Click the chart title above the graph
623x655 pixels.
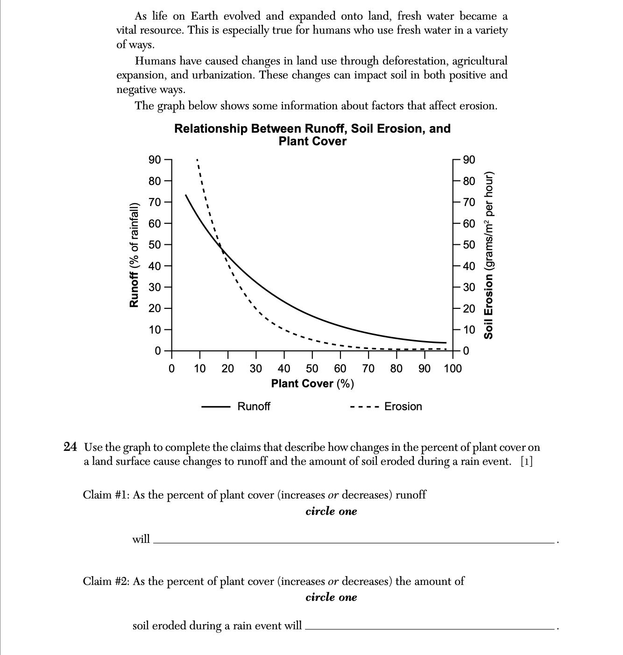click(x=312, y=135)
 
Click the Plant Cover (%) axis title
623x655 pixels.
click(x=312, y=384)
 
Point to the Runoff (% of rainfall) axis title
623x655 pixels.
click(x=134, y=255)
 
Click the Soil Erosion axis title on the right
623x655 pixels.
click(x=488, y=255)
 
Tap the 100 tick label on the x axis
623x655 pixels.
click(x=453, y=369)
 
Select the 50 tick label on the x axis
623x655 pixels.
click(x=312, y=369)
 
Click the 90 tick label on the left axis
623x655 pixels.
click(x=155, y=160)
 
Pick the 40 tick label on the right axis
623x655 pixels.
click(x=469, y=266)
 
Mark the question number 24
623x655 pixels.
click(x=70, y=447)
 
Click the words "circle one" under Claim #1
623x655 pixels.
click(x=331, y=511)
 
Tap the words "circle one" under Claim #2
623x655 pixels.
click(x=331, y=597)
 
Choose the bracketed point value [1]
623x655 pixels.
click(x=526, y=462)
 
